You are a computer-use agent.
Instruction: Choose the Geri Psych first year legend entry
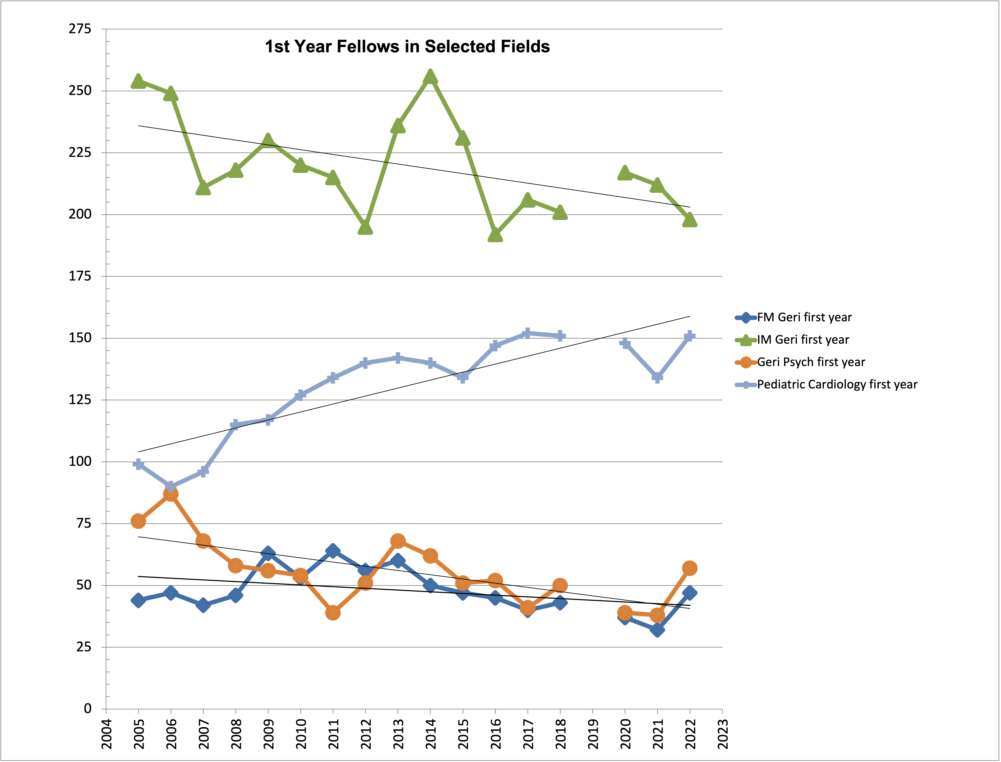(x=810, y=362)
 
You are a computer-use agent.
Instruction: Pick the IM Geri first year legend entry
(x=802, y=340)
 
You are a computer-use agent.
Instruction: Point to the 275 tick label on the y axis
(x=80, y=29)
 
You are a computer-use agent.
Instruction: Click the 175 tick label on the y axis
(x=80, y=276)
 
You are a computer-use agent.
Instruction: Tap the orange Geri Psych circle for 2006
(x=170, y=494)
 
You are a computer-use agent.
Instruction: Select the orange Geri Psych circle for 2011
(x=333, y=613)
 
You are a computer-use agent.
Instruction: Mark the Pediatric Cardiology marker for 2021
(x=657, y=377)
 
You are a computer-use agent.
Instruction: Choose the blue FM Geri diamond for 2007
(x=203, y=605)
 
